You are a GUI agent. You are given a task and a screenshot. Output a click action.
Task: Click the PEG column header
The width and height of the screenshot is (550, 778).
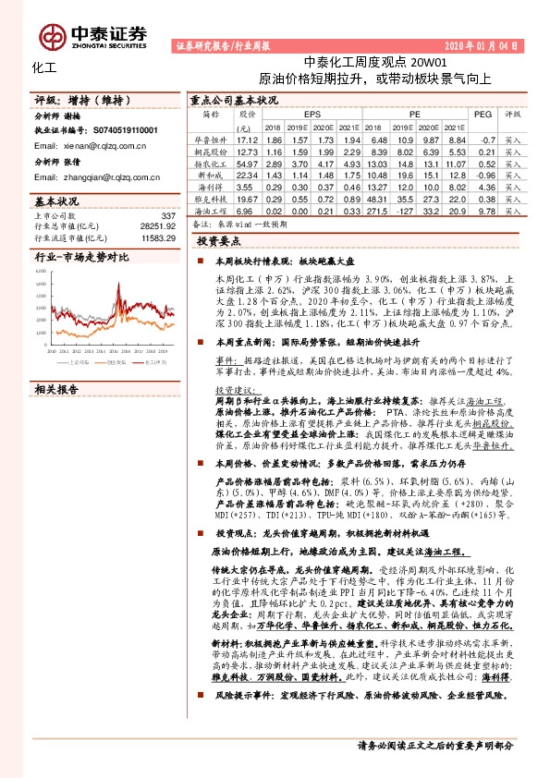483,115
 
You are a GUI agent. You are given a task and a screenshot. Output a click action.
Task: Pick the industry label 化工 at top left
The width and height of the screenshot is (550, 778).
43,67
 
